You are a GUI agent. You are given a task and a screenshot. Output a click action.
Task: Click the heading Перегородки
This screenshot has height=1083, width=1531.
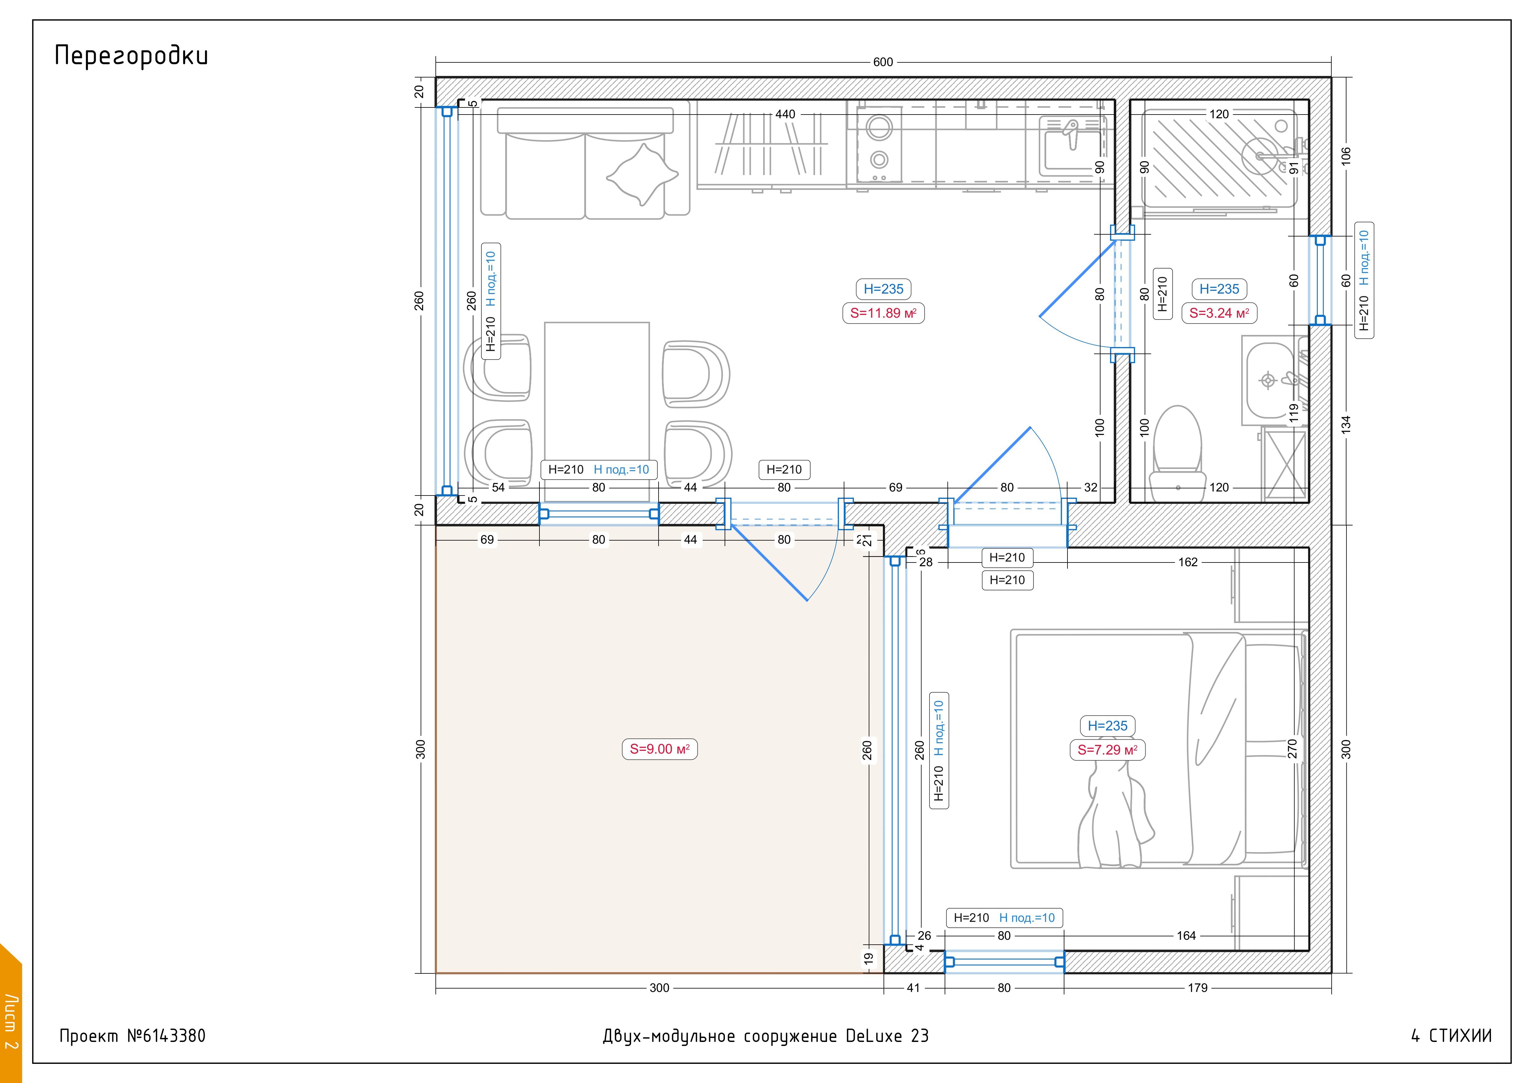click(x=131, y=56)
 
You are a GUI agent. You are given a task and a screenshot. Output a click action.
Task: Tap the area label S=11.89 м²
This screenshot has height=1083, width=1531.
click(x=884, y=313)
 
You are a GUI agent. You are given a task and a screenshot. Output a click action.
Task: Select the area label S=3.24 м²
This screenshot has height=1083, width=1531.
click(x=1219, y=313)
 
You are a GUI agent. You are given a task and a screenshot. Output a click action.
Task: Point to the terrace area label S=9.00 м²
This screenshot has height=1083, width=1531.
click(x=659, y=749)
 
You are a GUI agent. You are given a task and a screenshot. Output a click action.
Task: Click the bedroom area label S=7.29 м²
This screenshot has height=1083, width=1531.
click(x=1108, y=750)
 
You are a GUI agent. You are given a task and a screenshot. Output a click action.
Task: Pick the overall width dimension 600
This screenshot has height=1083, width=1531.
click(x=883, y=62)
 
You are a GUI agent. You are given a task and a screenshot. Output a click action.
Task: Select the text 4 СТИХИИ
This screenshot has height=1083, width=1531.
click(x=1451, y=1036)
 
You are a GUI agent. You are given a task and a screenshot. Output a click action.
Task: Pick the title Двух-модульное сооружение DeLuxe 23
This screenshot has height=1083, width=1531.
click(x=765, y=1036)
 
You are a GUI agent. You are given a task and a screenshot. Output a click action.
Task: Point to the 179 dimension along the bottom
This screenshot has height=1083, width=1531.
click(x=1198, y=988)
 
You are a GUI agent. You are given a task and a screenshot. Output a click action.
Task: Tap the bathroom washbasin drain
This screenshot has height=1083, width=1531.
click(x=1268, y=381)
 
